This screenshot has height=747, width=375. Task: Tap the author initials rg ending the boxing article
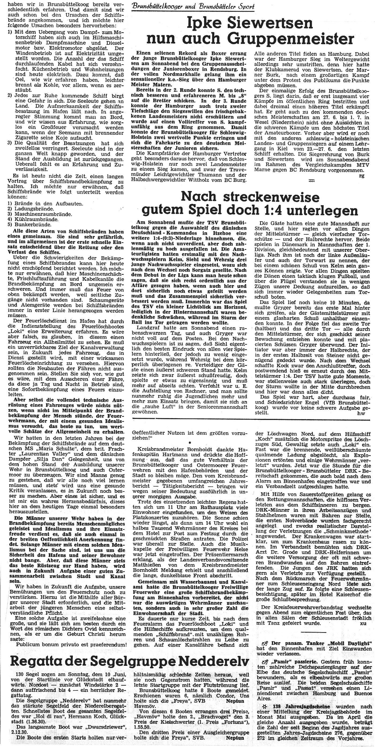(361, 176)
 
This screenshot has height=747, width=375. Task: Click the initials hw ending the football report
(361, 414)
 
